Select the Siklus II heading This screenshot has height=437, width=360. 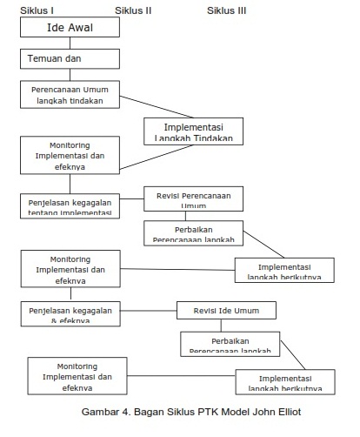(133, 10)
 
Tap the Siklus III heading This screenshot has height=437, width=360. (227, 10)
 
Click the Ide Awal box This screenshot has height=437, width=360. (70, 28)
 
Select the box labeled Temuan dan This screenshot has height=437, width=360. (70, 58)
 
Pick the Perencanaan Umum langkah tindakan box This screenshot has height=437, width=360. (70, 94)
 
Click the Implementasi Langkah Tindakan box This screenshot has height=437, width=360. (193, 131)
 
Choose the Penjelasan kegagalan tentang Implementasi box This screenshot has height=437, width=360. (70, 205)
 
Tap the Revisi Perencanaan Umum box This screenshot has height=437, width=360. (193, 198)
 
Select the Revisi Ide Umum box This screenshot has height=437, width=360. (226, 310)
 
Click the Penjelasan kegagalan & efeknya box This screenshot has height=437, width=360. (70, 313)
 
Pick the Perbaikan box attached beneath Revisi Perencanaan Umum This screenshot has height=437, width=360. (194, 232)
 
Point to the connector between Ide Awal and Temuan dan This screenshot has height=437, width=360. (70, 43)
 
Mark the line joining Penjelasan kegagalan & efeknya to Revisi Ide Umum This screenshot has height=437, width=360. (148, 310)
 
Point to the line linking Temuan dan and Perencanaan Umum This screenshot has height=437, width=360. (70, 75)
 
